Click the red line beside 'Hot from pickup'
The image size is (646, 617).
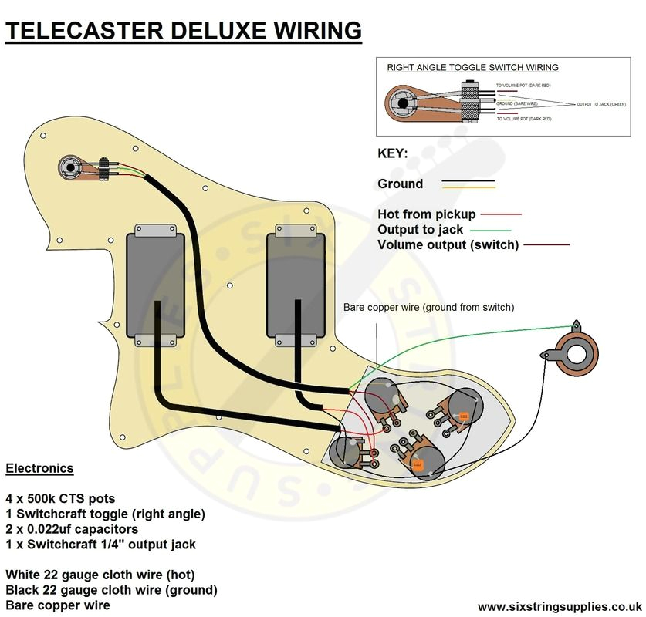pos(502,214)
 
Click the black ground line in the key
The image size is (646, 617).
pos(468,182)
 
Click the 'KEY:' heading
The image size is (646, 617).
pos(393,153)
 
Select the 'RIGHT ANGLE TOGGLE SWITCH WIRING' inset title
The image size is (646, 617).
pos(472,68)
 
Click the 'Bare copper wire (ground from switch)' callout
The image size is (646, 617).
pos(428,308)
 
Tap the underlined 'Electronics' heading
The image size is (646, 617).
pos(39,468)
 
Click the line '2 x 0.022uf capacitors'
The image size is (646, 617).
pos(72,529)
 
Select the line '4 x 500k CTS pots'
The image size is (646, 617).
pos(59,498)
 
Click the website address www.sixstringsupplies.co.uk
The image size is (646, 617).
pos(560,606)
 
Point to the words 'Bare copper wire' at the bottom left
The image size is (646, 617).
pos(57,605)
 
